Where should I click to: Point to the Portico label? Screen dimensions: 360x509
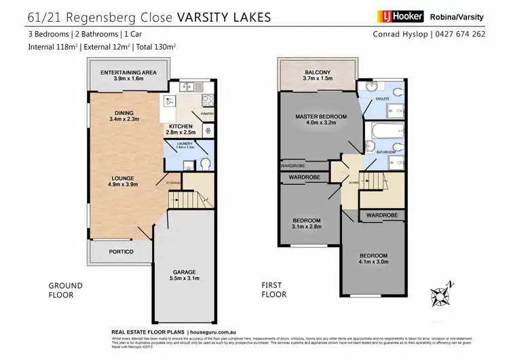(120, 252)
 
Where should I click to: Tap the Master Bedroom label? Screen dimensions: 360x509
(321, 117)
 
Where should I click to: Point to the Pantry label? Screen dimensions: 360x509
(208, 113)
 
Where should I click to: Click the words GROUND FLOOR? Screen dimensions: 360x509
(65, 290)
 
